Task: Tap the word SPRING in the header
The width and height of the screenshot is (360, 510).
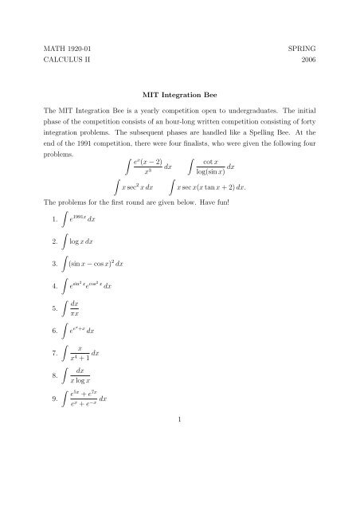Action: pos(294,49)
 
